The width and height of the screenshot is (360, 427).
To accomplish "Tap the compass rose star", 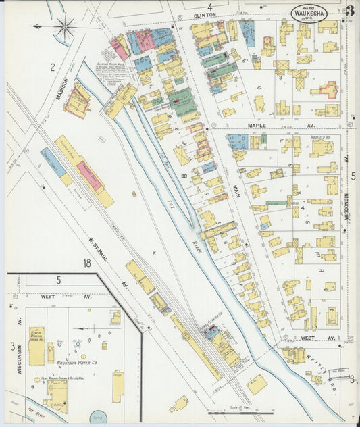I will click(65, 27).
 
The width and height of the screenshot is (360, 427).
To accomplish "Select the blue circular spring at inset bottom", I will click(99, 418).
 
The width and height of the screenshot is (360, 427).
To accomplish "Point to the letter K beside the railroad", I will click(154, 253).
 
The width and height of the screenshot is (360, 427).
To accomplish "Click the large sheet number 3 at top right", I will click(350, 11).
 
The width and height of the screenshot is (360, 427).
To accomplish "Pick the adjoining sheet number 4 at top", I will click(209, 7).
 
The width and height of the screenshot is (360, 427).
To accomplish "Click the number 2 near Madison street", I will click(51, 67).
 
